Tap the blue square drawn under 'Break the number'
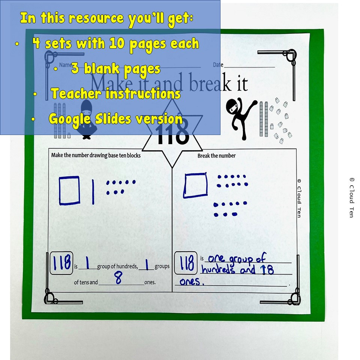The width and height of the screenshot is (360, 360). point(195,185)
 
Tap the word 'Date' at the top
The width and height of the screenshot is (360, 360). point(218,65)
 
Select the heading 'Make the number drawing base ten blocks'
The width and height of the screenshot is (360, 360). point(96,155)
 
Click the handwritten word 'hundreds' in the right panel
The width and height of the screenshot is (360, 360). point(217,270)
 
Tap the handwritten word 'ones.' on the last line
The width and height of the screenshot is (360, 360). point(190,282)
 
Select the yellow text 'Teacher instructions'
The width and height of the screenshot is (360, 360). point(115,93)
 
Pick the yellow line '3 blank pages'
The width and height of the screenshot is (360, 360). point(115,69)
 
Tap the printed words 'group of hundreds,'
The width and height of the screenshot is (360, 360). point(117,267)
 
